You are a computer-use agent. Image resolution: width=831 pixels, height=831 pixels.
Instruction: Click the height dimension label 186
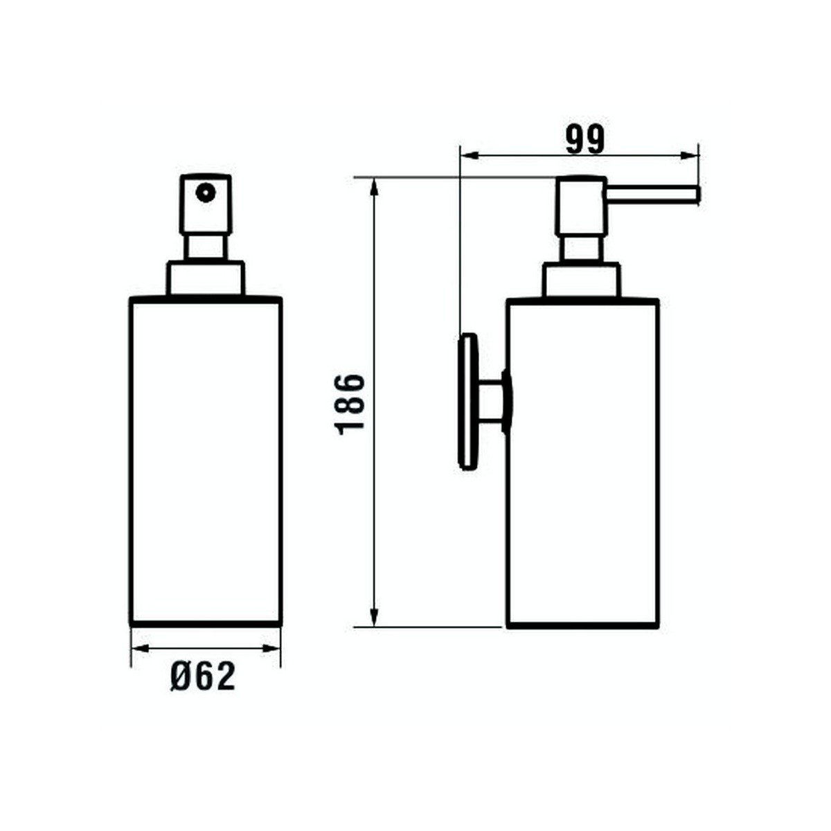coord(350,404)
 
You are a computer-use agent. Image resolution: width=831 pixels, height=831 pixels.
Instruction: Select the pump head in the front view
coord(205,204)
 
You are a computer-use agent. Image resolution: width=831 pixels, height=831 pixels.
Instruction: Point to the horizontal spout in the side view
coord(654,195)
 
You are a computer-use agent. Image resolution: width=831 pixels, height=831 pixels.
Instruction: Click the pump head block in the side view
coord(582,206)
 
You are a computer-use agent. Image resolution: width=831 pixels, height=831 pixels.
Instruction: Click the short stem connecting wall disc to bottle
coord(493,402)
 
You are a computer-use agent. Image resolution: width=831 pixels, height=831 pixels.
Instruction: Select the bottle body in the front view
coord(206,461)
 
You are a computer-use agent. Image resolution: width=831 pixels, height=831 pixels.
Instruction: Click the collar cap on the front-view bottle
coord(205,278)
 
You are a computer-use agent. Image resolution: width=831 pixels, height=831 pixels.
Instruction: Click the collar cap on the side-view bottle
coord(582,280)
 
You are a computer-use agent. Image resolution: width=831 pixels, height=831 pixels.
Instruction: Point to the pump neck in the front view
coord(205,247)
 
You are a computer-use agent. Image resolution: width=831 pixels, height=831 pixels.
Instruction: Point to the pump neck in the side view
coord(582,249)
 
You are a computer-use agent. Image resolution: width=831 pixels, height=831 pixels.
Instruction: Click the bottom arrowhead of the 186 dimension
coord(375,618)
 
